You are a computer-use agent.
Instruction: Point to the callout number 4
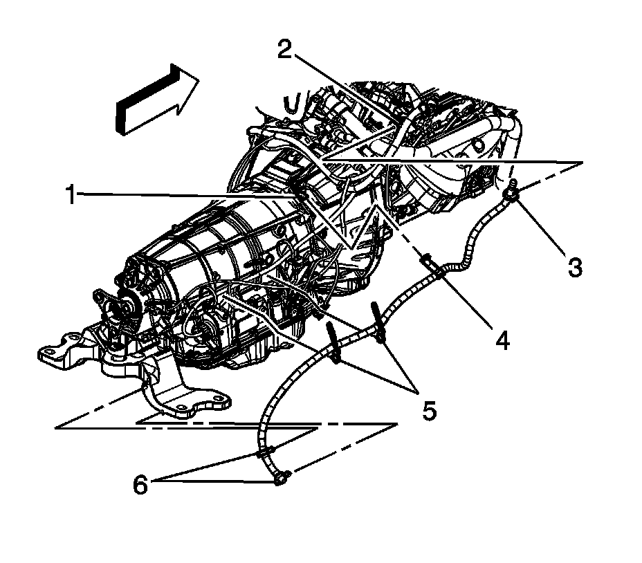click(503, 340)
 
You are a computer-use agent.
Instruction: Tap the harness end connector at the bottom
click(280, 477)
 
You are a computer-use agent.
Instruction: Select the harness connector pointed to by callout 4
click(428, 261)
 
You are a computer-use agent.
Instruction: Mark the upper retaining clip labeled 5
click(378, 320)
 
